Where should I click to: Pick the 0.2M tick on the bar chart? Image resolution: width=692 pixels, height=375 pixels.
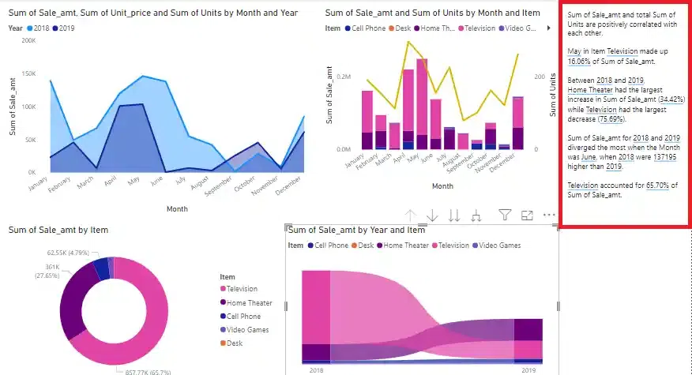[x=344, y=77]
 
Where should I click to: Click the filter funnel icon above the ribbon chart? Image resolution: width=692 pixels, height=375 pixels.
[x=506, y=215]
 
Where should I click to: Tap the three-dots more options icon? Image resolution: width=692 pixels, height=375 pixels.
[x=549, y=215]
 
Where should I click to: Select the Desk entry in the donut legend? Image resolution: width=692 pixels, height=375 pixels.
[x=235, y=343]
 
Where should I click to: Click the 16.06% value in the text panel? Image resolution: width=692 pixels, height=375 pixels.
[x=580, y=60]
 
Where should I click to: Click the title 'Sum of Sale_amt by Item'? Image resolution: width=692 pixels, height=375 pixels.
[x=58, y=230]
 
